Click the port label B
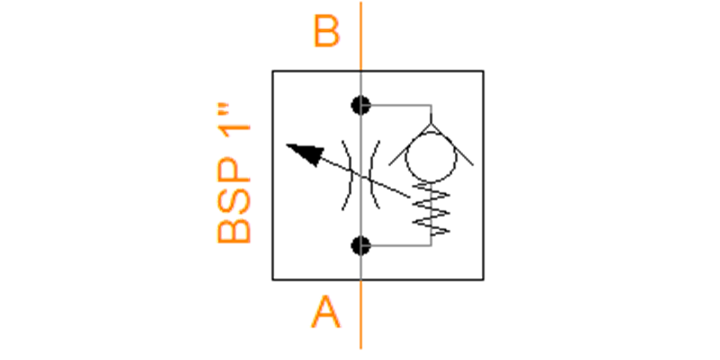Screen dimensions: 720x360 (326, 32)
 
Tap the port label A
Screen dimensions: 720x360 (326, 312)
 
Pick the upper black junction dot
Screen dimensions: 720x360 (361, 105)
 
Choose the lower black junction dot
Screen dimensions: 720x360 (361, 245)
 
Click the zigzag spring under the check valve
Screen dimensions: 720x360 (431, 209)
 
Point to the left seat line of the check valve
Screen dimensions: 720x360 (410, 145)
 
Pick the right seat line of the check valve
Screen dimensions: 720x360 (452, 145)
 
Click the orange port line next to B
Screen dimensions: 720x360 (361, 36)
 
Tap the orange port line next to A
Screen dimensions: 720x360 (361, 314)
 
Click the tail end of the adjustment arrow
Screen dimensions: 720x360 (410, 197)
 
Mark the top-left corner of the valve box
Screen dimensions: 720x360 (272, 71)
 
